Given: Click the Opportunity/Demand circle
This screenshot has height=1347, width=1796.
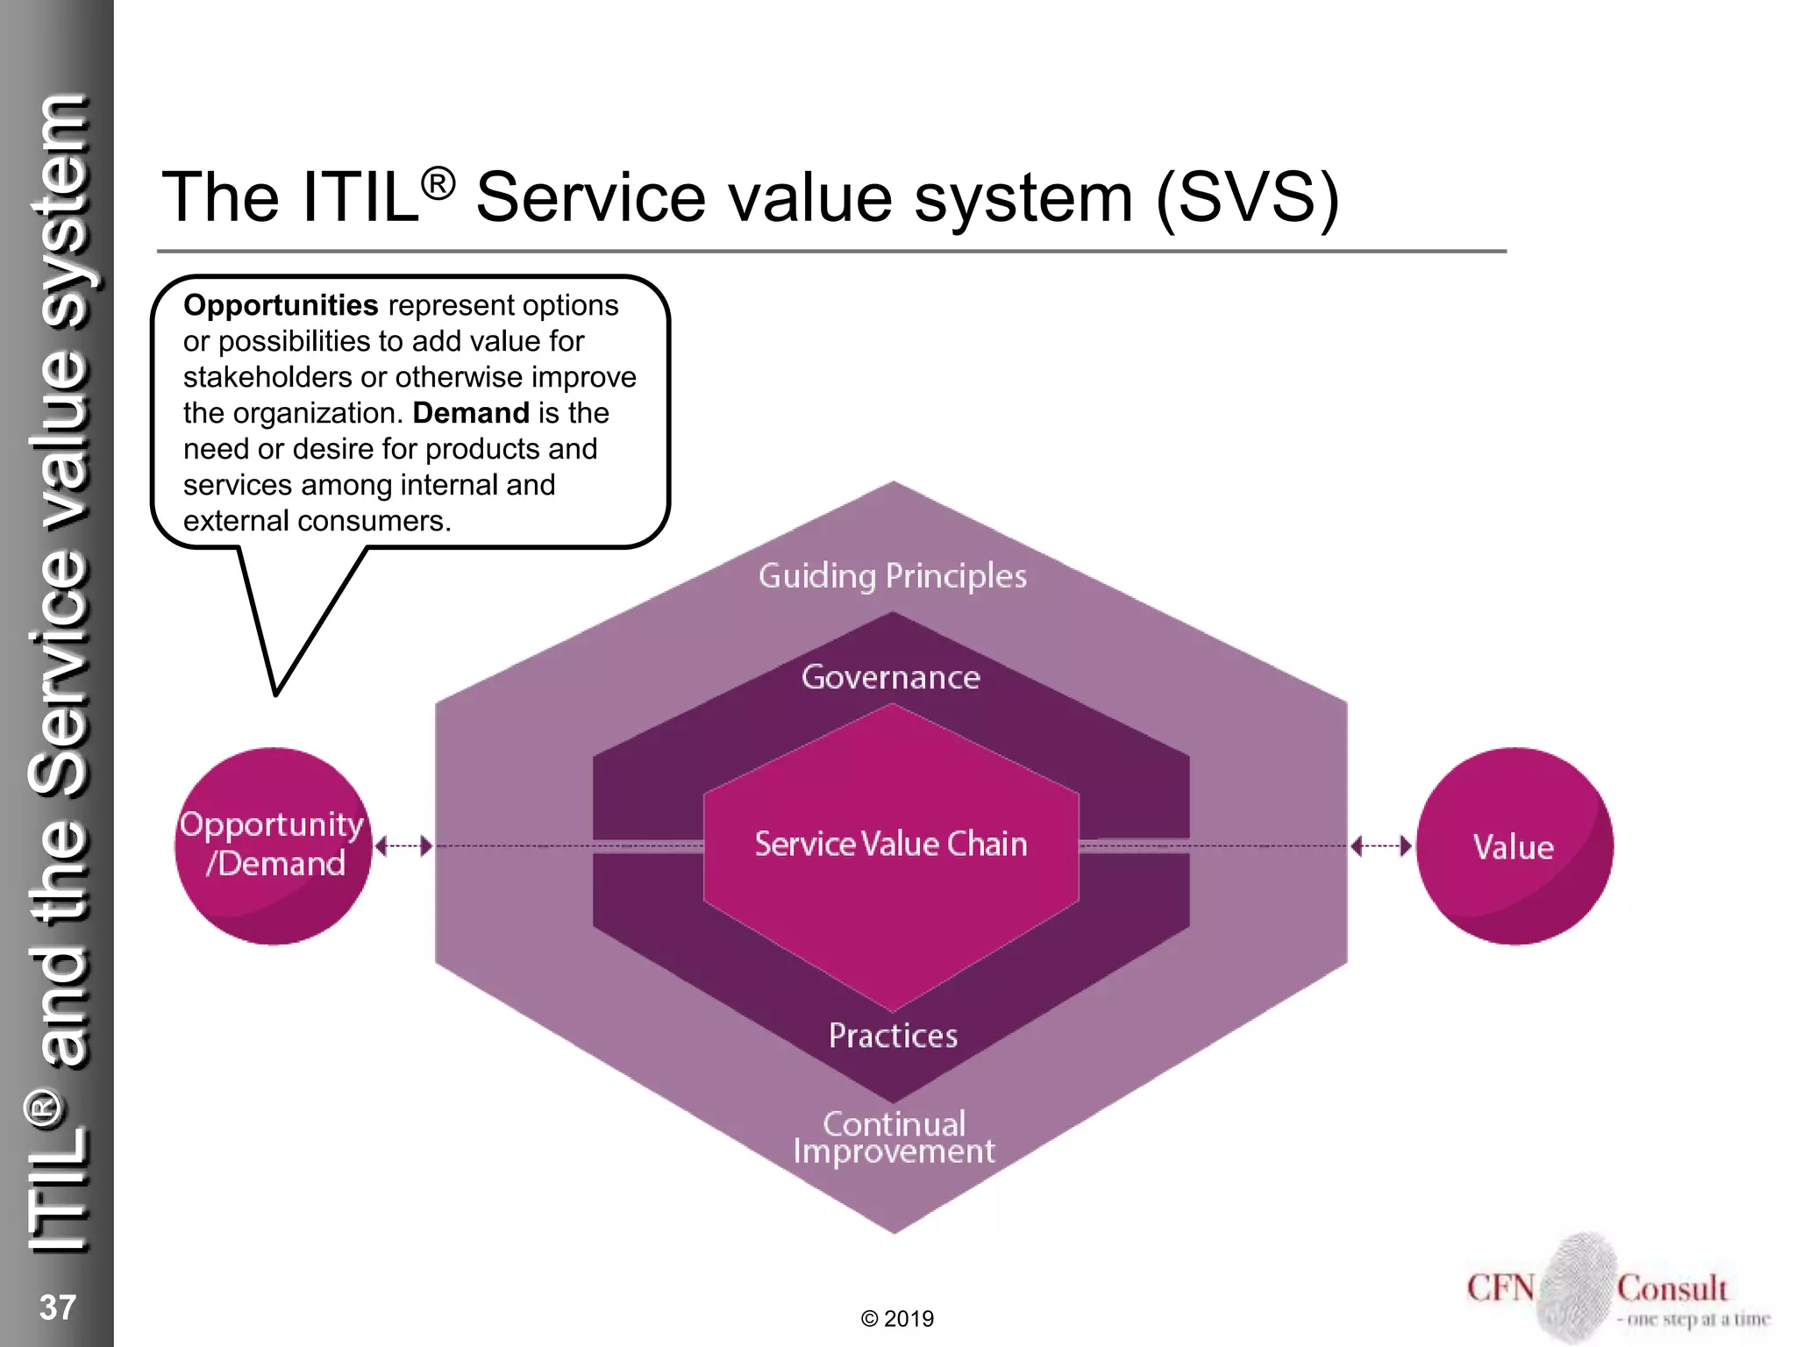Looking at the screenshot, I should coord(274,845).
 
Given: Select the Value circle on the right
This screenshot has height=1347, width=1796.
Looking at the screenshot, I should coord(1514,845).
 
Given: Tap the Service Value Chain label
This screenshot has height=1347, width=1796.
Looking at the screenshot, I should coord(891,844).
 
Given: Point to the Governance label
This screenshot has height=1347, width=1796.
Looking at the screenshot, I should coord(891,677).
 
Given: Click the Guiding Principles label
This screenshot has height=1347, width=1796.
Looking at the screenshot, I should coord(893,576).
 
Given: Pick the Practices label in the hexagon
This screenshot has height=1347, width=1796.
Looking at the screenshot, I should coord(893,1036).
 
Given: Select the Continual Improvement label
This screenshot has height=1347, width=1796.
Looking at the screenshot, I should coord(894,1137).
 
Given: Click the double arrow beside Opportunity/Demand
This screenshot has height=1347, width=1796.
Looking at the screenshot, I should coord(403,846).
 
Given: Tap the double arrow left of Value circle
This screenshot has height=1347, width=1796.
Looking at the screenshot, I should coord(1381,846).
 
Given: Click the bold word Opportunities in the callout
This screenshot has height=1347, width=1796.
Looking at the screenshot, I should coord(281,305).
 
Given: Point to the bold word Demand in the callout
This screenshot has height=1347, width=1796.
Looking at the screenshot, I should coord(471,413).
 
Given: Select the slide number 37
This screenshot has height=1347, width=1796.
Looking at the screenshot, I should coord(58,1308).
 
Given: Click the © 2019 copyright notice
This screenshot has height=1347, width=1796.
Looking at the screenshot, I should coord(897,1319).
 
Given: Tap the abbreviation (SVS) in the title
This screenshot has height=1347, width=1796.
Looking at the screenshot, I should coord(1247,197).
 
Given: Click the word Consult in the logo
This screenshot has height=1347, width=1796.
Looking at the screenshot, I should coord(1672,1288).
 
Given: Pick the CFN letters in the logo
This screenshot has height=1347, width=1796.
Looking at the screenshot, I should coord(1500,1288).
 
